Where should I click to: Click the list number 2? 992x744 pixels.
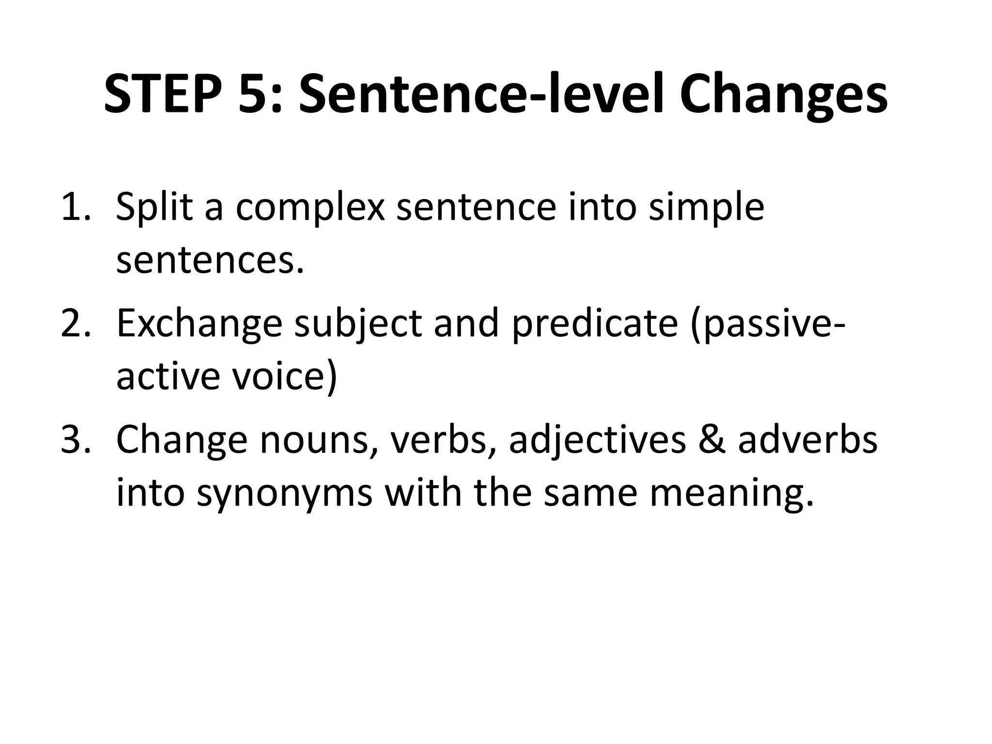coord(75,323)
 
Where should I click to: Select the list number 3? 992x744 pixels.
coord(75,439)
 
